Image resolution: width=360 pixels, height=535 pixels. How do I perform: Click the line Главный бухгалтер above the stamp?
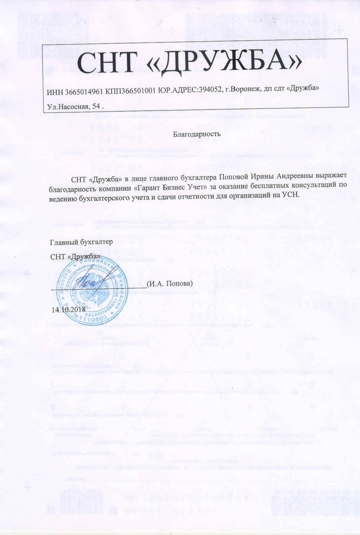click(82, 242)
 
